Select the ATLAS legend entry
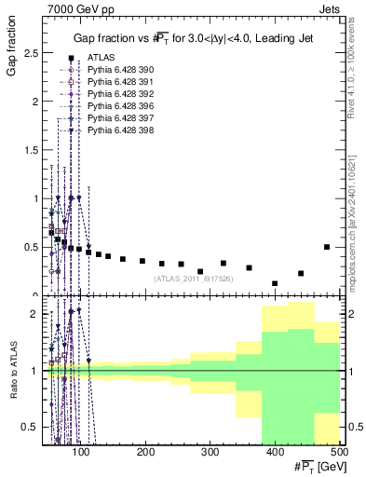102,58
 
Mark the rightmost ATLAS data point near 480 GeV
326,247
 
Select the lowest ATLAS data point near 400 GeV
275,283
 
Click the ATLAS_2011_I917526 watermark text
193,278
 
